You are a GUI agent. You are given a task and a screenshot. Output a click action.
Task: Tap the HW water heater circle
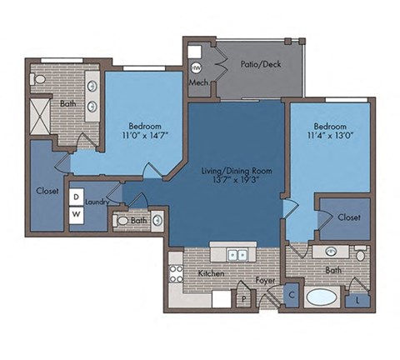click(197, 67)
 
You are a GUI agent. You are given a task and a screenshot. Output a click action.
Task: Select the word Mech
click(198, 83)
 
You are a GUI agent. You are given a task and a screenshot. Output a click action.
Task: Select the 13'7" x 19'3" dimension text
click(237, 181)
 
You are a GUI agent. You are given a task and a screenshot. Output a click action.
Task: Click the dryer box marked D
click(76, 197)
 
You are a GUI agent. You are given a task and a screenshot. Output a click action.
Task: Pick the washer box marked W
click(76, 214)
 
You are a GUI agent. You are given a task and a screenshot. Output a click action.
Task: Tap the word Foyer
click(265, 281)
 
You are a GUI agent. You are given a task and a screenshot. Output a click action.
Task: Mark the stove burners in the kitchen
click(176, 274)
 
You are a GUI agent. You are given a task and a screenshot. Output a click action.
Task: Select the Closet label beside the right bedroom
click(349, 217)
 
